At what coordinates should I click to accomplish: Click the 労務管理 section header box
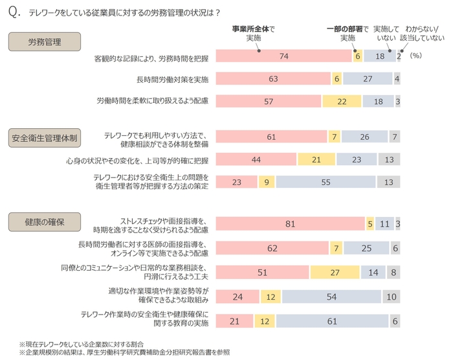(x=45, y=42)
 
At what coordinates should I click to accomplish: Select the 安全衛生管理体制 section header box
(x=44, y=137)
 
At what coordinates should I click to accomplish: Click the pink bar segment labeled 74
(x=283, y=56)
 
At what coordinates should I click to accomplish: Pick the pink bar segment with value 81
(x=290, y=224)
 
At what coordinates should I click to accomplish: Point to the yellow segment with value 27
(x=335, y=273)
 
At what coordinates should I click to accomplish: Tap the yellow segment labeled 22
(x=342, y=101)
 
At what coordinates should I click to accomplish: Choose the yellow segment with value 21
(x=316, y=159)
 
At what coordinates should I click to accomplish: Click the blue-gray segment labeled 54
(x=331, y=297)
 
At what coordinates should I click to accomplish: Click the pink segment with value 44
(x=256, y=159)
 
